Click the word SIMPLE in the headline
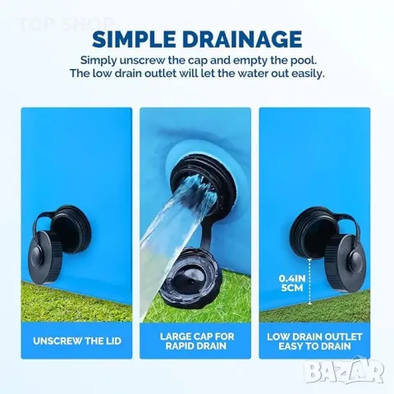[134, 39]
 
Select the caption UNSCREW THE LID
[77, 341]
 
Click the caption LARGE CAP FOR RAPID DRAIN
[197, 341]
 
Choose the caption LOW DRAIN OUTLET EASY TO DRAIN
[314, 341]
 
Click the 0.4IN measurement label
[292, 279]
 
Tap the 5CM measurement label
[292, 288]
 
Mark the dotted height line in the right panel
[309, 282]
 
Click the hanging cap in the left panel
[45, 256]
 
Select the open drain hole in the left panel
[70, 229]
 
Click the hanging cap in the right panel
[346, 262]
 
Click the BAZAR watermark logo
[345, 370]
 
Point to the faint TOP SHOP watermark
[66, 24]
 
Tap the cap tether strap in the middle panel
[207, 232]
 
